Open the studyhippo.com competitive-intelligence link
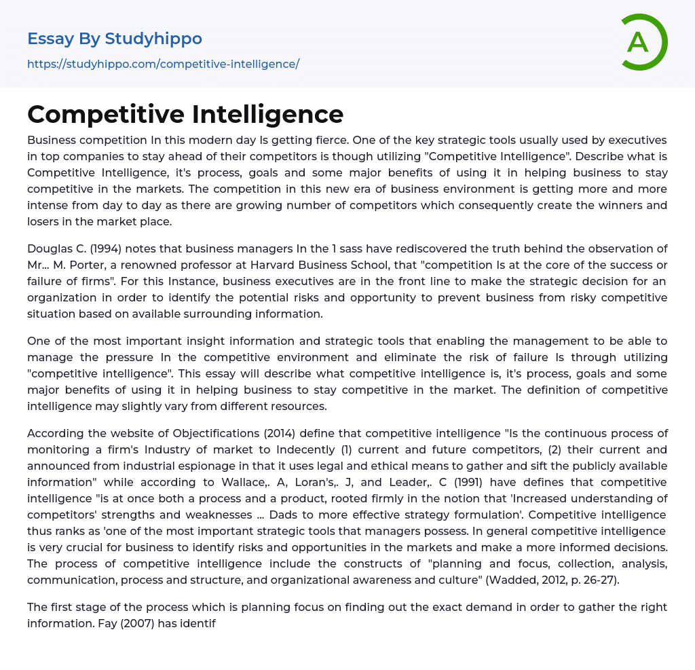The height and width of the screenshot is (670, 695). pyautogui.click(x=163, y=64)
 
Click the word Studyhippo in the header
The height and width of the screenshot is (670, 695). pyautogui.click(x=153, y=39)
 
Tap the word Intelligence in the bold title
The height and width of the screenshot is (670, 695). pyautogui.click(x=267, y=113)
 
